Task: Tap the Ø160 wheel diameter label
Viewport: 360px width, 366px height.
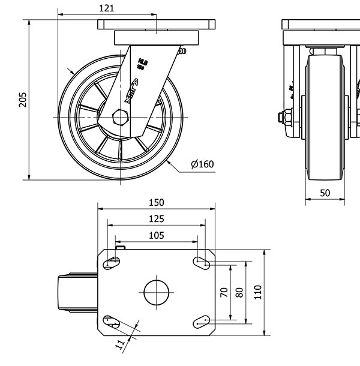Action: click(x=202, y=164)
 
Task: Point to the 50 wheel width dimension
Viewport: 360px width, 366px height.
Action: click(x=325, y=193)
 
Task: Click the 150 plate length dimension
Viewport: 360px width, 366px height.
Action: click(x=156, y=203)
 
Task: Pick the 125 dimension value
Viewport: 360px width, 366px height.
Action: click(x=156, y=219)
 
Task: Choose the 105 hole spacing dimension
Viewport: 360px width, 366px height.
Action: click(x=156, y=235)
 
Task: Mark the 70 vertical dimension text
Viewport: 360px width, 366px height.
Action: click(x=224, y=292)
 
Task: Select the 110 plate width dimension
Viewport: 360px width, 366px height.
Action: click(x=258, y=292)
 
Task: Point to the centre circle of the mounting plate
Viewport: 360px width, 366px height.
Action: click(x=156, y=292)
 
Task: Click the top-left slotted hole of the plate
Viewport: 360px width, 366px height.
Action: click(x=112, y=262)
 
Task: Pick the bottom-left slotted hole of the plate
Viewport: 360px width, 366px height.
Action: click(x=112, y=322)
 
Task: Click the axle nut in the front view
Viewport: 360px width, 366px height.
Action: click(x=286, y=116)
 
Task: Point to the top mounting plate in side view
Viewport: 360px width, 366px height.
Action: click(x=156, y=26)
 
